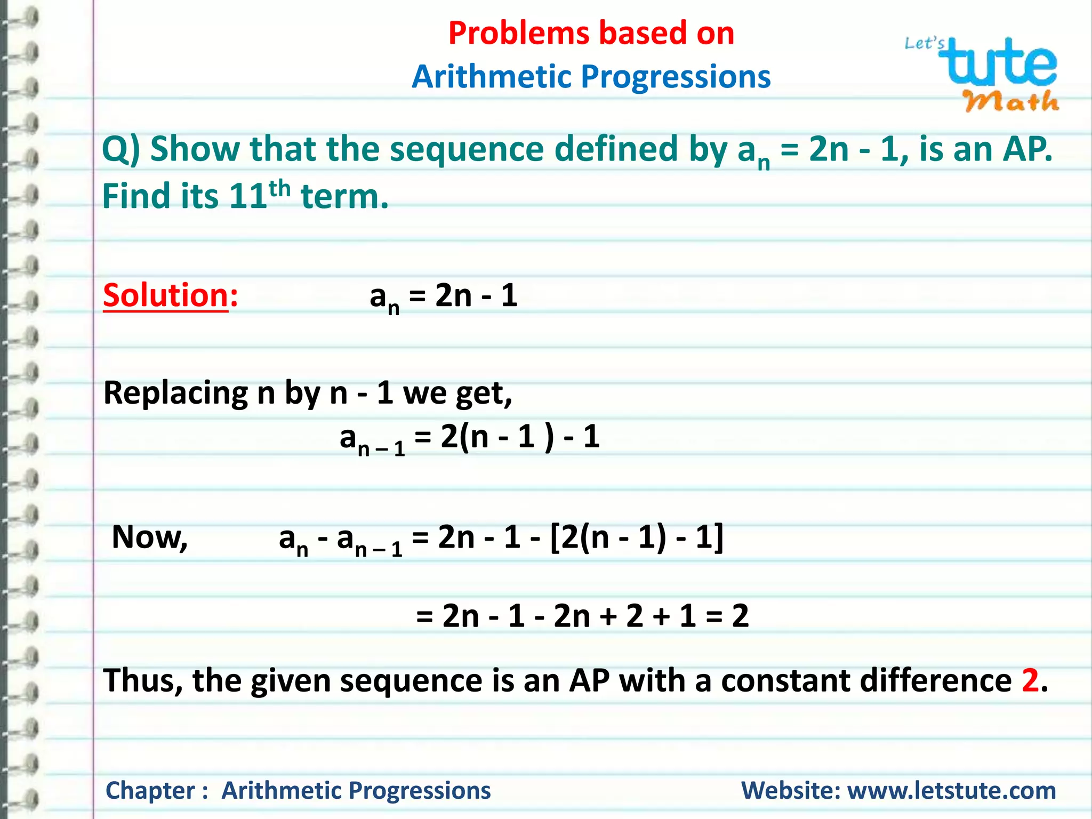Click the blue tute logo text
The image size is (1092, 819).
(x=1000, y=63)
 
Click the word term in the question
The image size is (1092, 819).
(x=344, y=196)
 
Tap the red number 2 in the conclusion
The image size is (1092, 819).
(x=1030, y=681)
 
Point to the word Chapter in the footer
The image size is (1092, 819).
(x=151, y=790)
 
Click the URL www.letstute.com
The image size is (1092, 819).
(x=951, y=790)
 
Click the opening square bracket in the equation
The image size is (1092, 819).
(x=555, y=537)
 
